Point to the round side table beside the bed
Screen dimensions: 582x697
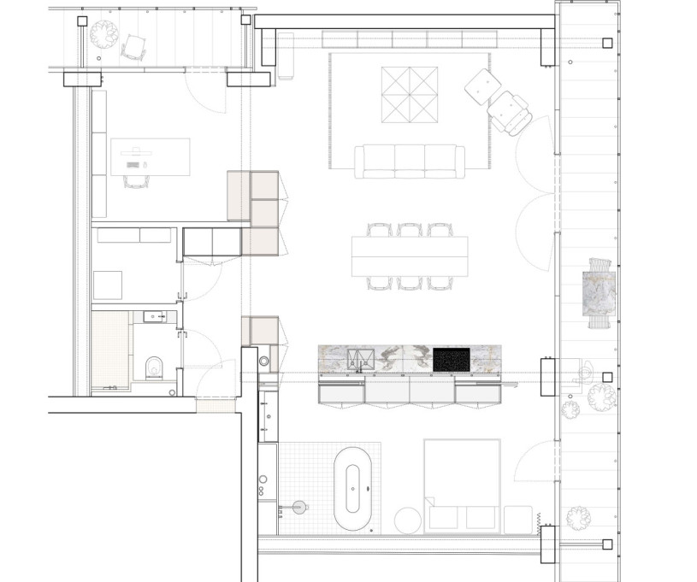tap(408, 520)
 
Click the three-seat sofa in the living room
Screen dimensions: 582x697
tap(410, 162)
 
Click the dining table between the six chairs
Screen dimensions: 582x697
tap(410, 256)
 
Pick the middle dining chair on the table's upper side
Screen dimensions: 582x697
tap(410, 229)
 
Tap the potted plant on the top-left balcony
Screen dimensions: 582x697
tap(104, 34)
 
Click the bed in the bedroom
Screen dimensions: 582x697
tap(462, 483)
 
